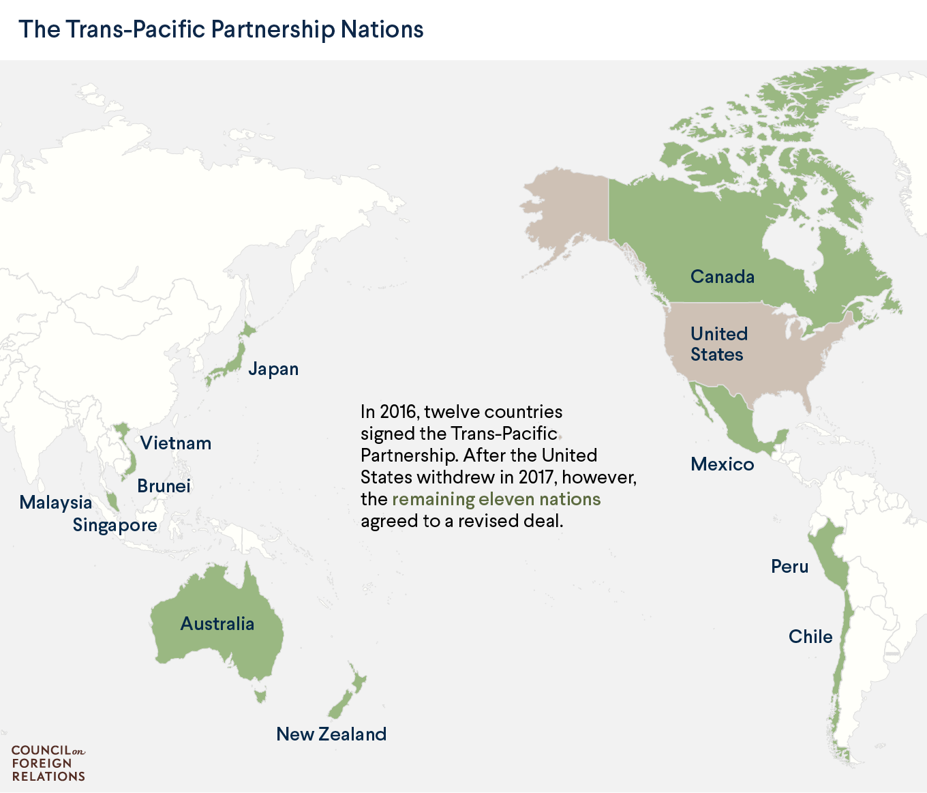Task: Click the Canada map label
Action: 722,277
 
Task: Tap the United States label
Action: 718,344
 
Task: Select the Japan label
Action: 273,369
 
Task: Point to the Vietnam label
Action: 176,443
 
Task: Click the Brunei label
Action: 164,486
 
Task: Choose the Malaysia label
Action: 55,503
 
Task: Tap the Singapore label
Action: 115,525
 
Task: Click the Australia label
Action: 217,624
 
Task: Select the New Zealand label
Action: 331,734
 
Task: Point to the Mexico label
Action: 722,464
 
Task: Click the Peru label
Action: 789,567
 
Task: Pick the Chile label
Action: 810,637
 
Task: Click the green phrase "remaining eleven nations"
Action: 496,499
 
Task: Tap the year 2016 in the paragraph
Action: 397,412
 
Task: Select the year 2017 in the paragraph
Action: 536,477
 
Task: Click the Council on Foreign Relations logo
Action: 48,763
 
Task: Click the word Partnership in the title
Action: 273,30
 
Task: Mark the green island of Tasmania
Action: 259,695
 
